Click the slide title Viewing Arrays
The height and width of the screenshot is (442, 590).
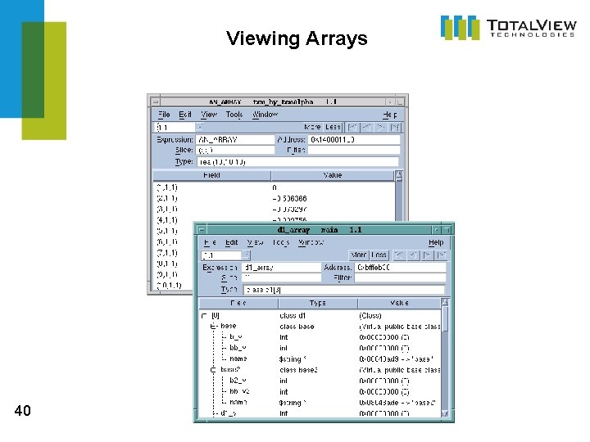[297, 38]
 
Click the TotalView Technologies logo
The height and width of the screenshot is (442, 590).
[508, 27]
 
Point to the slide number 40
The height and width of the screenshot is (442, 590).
[23, 411]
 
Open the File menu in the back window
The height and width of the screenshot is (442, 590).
[164, 115]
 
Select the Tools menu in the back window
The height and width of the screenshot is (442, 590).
[234, 115]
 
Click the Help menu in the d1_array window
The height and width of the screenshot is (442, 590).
[436, 242]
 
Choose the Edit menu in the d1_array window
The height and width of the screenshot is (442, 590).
[232, 242]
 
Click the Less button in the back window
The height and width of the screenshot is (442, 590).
[332, 127]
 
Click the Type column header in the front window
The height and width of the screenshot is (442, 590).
[317, 303]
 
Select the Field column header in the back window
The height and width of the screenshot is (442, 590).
[211, 175]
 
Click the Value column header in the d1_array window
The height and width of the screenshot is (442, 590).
[399, 303]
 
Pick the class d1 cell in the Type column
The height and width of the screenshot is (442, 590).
[293, 316]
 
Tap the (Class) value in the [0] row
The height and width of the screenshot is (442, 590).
[370, 316]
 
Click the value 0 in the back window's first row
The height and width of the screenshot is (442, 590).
[275, 187]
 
